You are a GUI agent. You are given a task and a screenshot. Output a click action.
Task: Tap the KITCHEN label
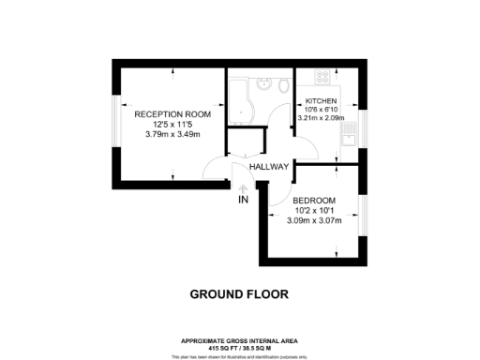pos(320,100)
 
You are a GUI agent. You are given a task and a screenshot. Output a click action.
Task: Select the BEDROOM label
pos(314,200)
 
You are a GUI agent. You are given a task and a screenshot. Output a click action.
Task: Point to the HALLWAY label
pos(268,168)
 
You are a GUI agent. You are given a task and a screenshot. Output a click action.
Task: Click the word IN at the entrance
pos(243,200)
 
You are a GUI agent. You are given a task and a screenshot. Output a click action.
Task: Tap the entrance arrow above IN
pos(243,187)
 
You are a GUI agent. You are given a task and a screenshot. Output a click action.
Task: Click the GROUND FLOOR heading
pos(239,293)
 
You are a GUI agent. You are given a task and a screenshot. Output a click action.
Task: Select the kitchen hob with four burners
pos(322,76)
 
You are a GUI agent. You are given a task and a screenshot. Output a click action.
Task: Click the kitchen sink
pos(350,143)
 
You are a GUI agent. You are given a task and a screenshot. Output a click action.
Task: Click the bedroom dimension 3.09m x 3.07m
pos(314,221)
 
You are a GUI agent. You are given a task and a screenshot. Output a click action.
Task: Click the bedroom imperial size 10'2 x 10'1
pos(314,211)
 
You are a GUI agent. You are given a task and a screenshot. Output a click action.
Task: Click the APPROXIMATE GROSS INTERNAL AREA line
pos(239,339)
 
